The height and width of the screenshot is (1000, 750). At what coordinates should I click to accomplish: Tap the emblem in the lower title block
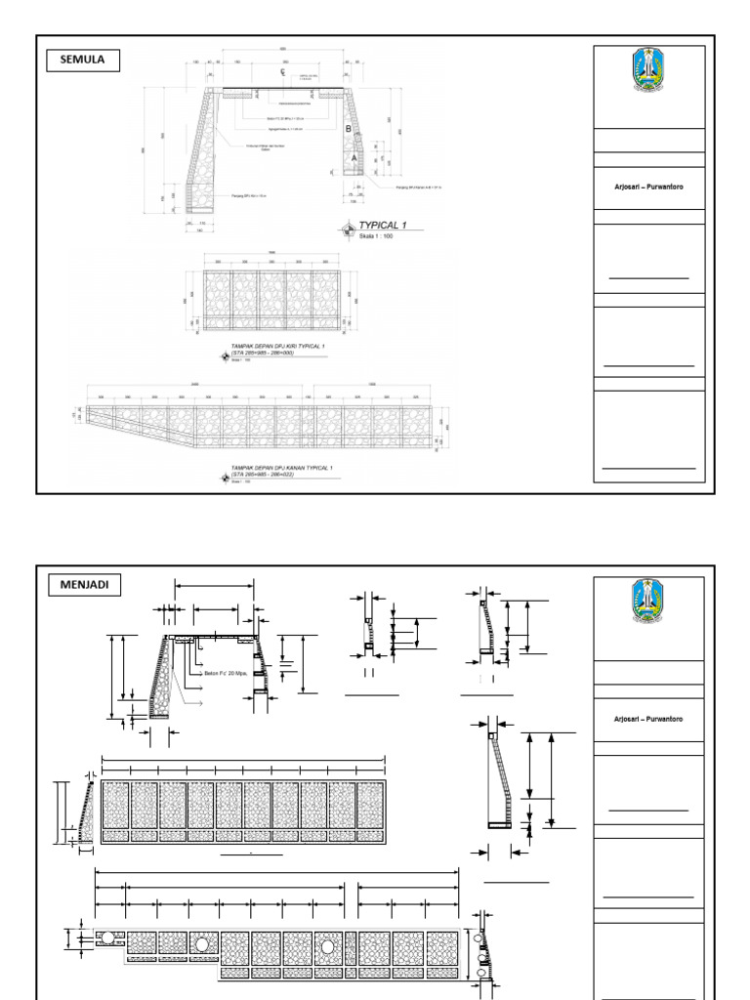click(648, 603)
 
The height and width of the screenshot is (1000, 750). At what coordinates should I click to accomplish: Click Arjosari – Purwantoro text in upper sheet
click(648, 187)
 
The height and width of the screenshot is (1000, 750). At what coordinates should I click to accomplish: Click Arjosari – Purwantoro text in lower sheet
click(648, 718)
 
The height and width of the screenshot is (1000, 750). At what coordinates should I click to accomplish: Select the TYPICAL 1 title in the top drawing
click(390, 225)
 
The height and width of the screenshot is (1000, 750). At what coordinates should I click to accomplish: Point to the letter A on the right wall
click(354, 157)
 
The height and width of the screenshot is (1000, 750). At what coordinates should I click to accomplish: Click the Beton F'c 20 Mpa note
click(228, 672)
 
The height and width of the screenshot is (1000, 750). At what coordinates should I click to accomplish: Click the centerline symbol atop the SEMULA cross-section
click(282, 73)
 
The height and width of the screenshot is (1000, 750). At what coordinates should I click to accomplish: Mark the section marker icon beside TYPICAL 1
click(350, 229)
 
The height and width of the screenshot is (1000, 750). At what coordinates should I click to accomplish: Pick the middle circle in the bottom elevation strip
click(325, 945)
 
